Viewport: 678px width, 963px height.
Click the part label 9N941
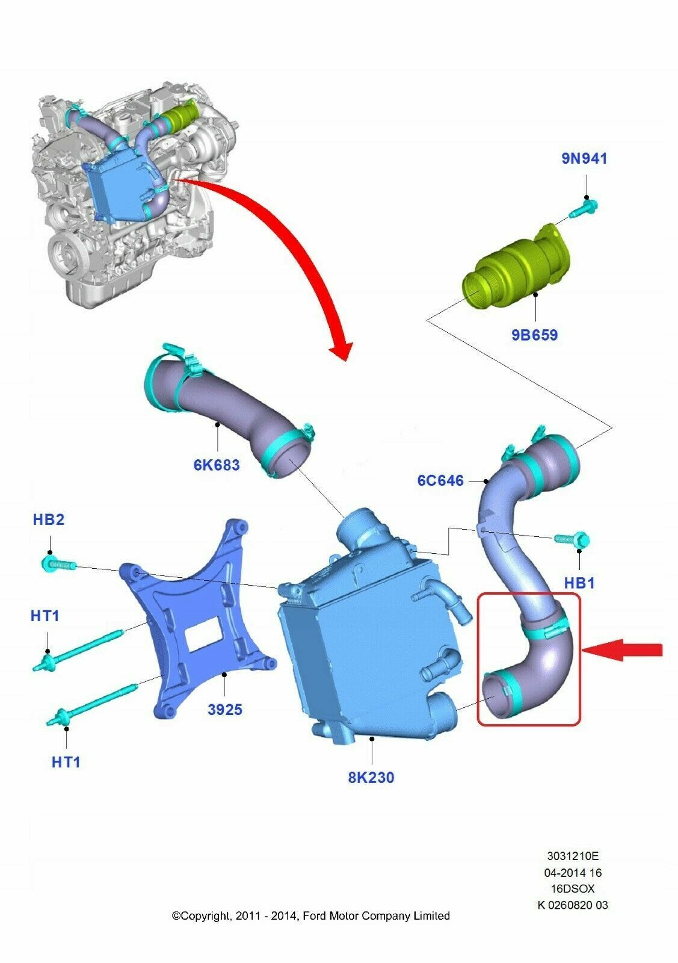[584, 159]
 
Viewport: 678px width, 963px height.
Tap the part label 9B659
[534, 335]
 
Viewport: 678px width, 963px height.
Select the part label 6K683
[217, 465]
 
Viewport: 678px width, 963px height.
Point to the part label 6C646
[440, 480]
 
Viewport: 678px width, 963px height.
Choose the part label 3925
[225, 710]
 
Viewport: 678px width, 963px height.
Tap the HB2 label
[49, 519]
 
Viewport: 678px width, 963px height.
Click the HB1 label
[579, 583]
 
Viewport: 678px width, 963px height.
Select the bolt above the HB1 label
[572, 539]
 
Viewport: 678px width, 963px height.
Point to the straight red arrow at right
[622, 650]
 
